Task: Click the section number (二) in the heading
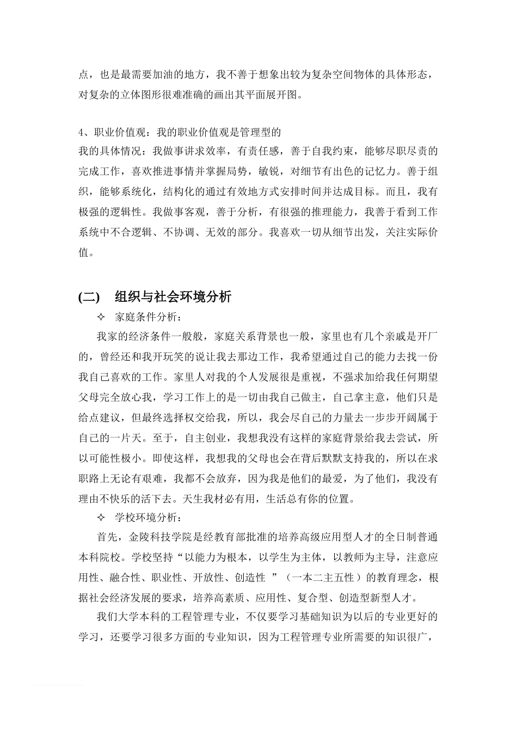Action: tap(89, 297)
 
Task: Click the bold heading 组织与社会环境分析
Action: tap(173, 297)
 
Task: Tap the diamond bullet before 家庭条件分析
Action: tap(101, 317)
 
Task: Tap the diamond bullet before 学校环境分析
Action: tap(101, 517)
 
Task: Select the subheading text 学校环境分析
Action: tap(146, 517)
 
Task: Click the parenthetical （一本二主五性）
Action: tap(324, 578)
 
